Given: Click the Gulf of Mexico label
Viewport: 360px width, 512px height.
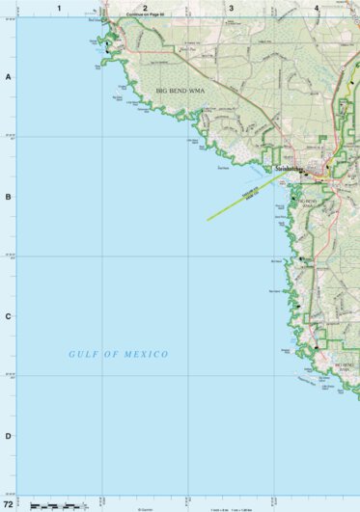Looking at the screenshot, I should click(x=119, y=355).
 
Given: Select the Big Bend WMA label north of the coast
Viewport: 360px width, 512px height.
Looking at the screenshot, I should click(x=182, y=91).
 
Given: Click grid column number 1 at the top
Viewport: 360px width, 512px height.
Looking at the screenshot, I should click(x=59, y=8).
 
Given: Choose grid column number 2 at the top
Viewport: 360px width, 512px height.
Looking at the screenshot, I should click(x=145, y=8).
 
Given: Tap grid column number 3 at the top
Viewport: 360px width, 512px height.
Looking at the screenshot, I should click(x=231, y=8).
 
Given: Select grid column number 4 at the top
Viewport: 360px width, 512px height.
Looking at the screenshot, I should click(x=317, y=8).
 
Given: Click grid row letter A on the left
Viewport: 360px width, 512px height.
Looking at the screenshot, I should click(x=8, y=77).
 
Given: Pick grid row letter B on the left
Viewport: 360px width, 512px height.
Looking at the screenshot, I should click(x=8, y=197).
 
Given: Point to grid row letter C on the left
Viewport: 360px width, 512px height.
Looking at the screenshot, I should click(x=8, y=316).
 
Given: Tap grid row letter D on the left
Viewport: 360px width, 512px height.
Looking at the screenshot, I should click(x=8, y=436).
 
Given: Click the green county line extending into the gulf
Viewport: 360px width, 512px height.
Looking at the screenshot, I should click(x=236, y=203).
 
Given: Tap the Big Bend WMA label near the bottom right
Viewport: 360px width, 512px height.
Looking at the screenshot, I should click(x=346, y=367).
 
